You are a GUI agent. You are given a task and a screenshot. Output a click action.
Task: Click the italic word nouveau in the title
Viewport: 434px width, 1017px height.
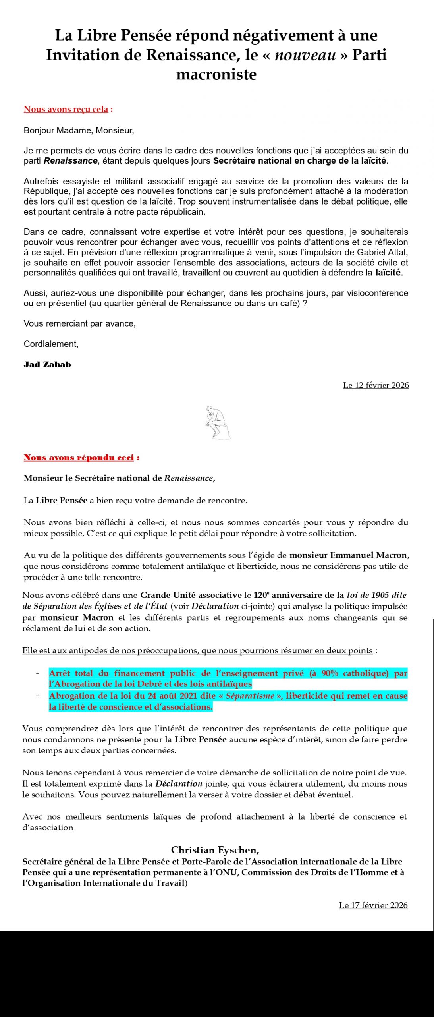click(x=305, y=55)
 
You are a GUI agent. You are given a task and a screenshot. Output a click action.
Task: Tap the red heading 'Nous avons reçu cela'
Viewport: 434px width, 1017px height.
click(x=66, y=109)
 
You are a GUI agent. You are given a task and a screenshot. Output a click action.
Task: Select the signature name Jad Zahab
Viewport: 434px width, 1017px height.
click(x=47, y=364)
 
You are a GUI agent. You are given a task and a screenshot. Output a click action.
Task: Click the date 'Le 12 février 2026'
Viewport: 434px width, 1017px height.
click(x=376, y=385)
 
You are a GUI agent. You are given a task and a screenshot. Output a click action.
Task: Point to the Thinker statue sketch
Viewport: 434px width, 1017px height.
click(x=217, y=423)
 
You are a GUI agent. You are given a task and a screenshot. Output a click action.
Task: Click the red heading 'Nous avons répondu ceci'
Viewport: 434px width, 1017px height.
click(x=79, y=457)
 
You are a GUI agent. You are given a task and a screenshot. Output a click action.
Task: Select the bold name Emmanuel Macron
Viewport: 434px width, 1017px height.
click(x=368, y=555)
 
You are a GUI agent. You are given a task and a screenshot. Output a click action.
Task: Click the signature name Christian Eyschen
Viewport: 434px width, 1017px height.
click(x=215, y=850)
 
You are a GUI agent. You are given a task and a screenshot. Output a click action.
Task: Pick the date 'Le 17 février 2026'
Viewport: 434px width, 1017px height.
click(x=373, y=905)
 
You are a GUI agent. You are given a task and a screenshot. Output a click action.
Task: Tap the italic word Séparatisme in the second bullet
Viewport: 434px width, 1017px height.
click(x=250, y=696)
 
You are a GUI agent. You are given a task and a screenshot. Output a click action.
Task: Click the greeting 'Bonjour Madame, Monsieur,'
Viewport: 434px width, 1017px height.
click(x=79, y=130)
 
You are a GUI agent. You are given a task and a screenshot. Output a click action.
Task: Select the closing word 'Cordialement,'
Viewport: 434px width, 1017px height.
click(x=51, y=344)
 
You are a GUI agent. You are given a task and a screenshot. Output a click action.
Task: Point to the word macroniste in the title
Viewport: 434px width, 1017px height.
click(x=216, y=75)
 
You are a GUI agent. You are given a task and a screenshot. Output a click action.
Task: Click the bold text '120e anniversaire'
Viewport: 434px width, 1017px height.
click(x=294, y=595)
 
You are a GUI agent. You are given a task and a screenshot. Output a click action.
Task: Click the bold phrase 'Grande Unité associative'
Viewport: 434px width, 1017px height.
click(x=191, y=595)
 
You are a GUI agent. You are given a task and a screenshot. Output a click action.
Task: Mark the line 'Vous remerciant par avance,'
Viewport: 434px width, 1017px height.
click(x=79, y=323)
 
